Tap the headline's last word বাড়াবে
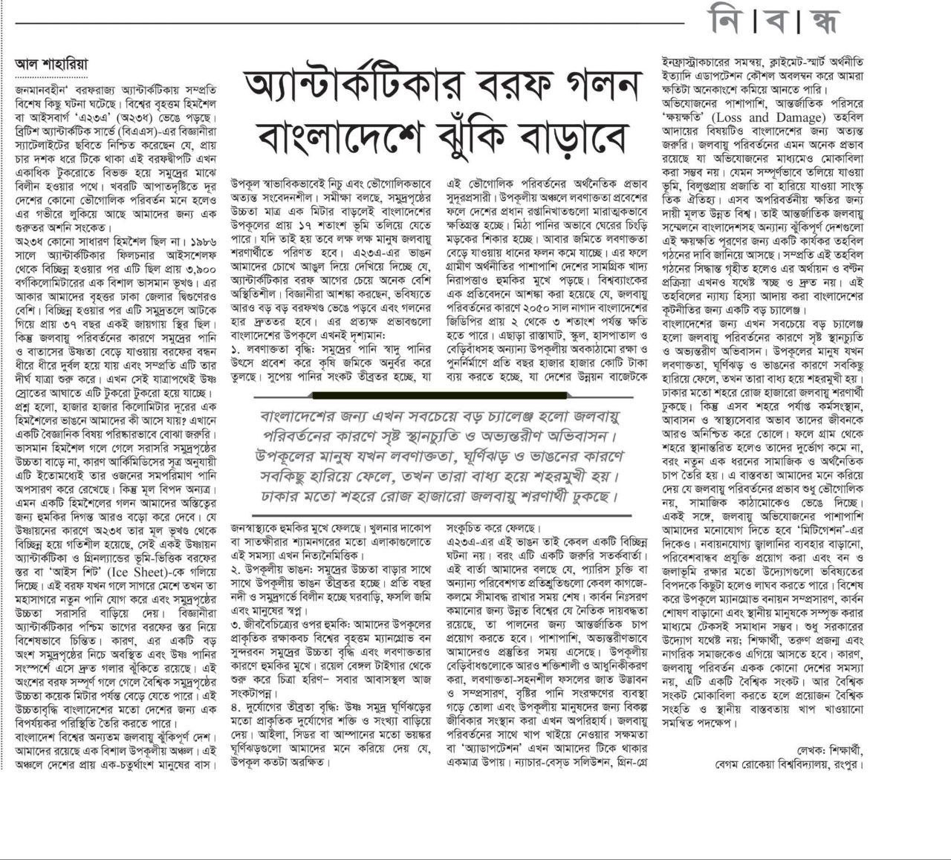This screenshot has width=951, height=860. coord(566,137)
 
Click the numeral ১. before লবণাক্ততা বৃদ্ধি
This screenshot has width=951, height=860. coord(235,349)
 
